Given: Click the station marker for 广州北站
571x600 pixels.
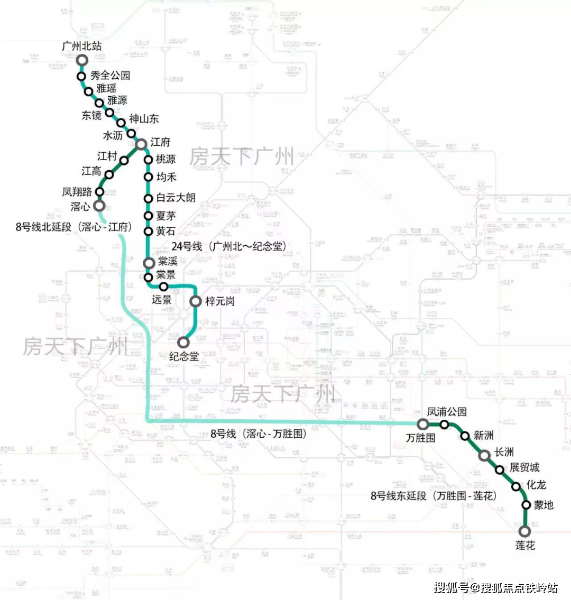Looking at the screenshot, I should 82,60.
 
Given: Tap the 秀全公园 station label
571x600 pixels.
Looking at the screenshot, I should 110,76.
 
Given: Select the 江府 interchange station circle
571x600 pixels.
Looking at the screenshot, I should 141,144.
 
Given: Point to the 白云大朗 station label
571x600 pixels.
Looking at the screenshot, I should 176,198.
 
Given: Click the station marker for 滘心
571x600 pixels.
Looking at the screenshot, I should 99,206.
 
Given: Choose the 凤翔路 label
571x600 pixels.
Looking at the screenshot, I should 77,191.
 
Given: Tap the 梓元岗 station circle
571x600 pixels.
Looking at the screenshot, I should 196,301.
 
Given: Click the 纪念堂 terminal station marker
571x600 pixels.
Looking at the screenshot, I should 183,342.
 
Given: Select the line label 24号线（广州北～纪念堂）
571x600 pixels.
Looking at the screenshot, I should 228,246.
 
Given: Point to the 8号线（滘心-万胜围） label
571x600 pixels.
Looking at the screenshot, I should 258,433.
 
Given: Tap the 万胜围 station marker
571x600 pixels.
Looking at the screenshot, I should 422,423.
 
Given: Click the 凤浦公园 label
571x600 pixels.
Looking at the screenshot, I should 447,411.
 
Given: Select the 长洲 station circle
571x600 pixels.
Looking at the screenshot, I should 484,455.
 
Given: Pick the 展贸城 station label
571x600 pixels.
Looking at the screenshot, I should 524,467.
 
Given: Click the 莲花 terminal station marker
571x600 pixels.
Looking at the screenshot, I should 524,531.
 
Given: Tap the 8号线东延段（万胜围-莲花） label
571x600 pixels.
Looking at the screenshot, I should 434,496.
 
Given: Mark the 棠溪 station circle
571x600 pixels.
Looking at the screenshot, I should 149,263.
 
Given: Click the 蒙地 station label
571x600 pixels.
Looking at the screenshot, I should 544,505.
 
